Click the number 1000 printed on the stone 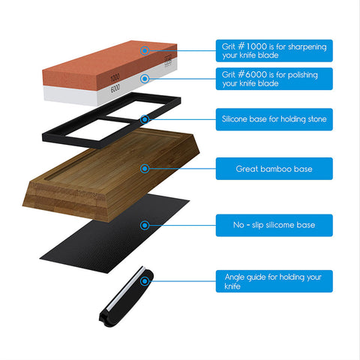coord(115,78)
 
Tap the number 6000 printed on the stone coord(115,88)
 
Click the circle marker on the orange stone coord(145,51)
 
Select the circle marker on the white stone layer coord(145,79)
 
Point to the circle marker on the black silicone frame coord(145,119)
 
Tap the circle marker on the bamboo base coord(145,169)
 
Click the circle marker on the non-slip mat coord(145,225)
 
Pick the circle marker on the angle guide coord(145,281)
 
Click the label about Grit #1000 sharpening coord(274,51)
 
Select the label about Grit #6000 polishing coord(274,79)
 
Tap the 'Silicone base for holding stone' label coord(274,119)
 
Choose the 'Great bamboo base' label coord(274,169)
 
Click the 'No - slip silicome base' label coord(274,225)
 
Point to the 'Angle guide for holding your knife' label coord(274,281)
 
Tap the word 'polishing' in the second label coord(302,75)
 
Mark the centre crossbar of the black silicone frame coord(118,119)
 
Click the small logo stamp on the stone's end coord(168,61)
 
